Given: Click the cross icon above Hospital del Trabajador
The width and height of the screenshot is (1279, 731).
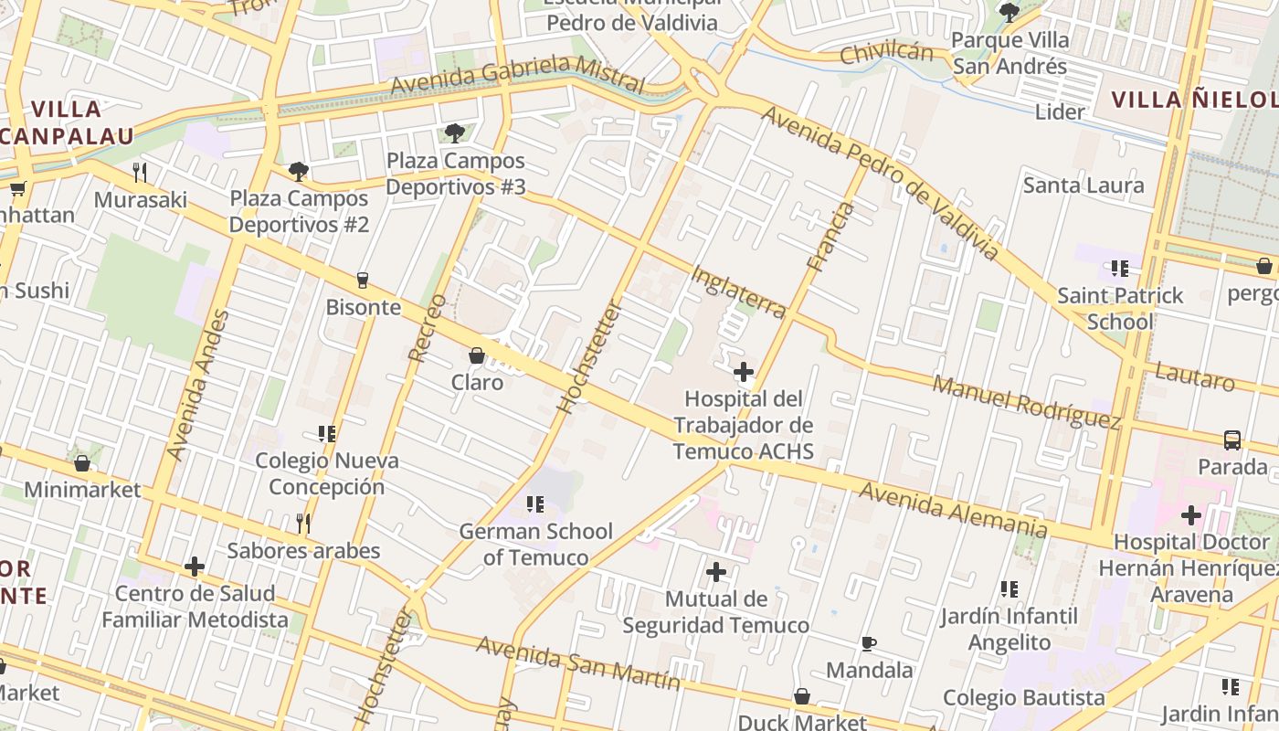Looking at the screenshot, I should (744, 372).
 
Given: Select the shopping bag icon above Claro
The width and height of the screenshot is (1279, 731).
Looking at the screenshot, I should (476, 355).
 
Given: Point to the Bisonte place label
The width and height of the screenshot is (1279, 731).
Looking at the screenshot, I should (364, 307).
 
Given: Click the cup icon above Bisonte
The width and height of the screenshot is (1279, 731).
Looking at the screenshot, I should (363, 280).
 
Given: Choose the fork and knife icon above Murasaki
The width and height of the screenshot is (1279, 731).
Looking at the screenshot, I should (140, 171).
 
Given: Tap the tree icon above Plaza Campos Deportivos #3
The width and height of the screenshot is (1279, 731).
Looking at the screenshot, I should (454, 133).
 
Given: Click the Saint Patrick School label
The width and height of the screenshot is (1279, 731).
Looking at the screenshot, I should (1120, 308).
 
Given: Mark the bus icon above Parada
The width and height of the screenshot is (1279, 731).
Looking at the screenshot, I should (1231, 440).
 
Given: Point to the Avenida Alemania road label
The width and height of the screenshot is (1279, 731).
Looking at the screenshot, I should (953, 509).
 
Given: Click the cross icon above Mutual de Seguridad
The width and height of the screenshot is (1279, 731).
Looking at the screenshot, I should (716, 573).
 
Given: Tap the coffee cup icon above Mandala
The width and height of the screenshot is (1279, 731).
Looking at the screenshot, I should (869, 643).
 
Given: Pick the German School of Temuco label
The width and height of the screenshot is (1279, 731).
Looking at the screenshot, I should (535, 544).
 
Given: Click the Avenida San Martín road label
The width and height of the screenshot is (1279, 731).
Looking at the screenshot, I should (578, 664).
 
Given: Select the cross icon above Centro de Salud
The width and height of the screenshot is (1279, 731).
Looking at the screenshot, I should (195, 567).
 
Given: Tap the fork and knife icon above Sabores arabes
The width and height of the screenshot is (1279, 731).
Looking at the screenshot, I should (303, 523).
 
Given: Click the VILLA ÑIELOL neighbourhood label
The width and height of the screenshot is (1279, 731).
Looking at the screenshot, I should (1193, 99).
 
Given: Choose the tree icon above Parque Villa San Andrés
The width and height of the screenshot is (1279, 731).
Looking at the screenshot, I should (1009, 13).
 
